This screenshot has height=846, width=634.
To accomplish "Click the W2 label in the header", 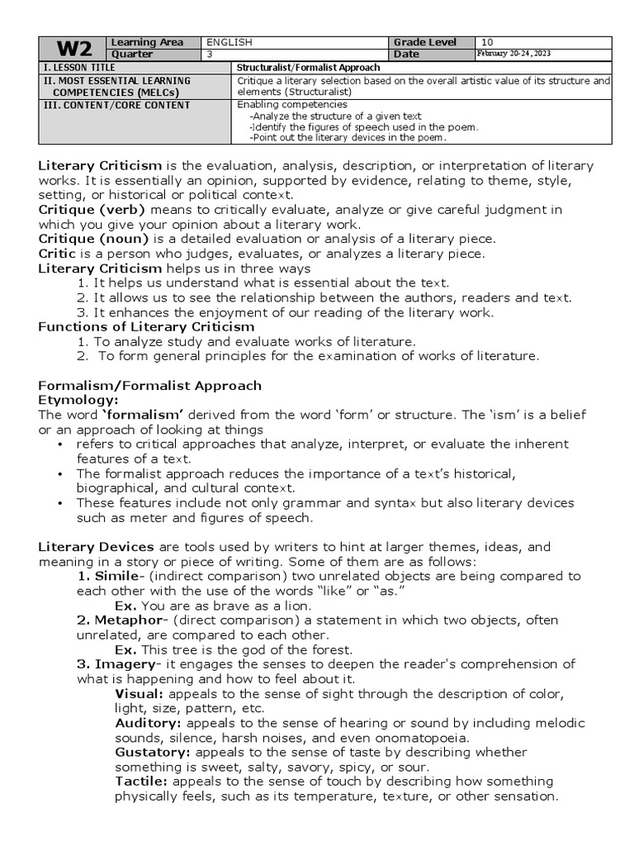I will pyautogui.click(x=72, y=48).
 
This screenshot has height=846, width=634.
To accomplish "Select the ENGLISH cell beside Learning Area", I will pyautogui.click(x=229, y=42).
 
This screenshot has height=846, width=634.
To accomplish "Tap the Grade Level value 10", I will pyautogui.click(x=487, y=42).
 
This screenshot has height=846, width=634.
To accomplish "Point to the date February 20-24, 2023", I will pyautogui.click(x=514, y=54).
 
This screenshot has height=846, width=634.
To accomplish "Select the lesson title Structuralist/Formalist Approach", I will pyautogui.click(x=309, y=67).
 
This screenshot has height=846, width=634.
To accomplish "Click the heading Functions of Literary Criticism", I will pyautogui.click(x=146, y=327).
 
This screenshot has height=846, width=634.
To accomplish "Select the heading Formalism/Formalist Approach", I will pyautogui.click(x=150, y=386).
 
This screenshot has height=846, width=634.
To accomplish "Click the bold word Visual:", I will pyautogui.click(x=139, y=693).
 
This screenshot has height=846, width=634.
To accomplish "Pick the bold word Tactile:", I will pyautogui.click(x=142, y=782).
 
